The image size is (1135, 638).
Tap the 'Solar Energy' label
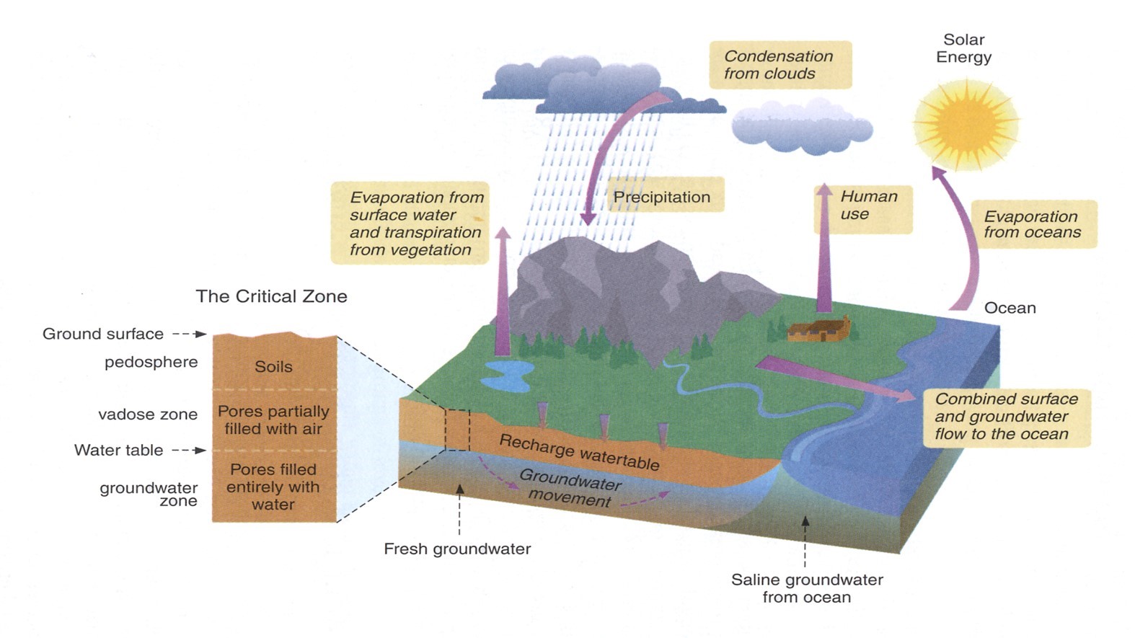(x=963, y=48)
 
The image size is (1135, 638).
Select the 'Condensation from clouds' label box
(x=780, y=65)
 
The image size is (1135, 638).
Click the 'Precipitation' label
(x=662, y=197)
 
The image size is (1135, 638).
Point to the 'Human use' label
(x=868, y=205)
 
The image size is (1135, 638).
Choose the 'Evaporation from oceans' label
(x=1033, y=224)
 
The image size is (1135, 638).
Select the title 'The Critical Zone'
(x=271, y=296)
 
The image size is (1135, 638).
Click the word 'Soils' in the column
(x=273, y=366)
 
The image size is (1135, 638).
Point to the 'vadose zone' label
(x=148, y=415)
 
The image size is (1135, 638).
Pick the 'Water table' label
(x=119, y=451)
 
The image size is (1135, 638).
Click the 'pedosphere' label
(x=151, y=362)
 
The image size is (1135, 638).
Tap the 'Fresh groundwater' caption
(x=457, y=549)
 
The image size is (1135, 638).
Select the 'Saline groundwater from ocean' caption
(x=807, y=588)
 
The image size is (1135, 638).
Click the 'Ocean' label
(x=1010, y=308)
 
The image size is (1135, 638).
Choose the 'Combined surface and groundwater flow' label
(x=1006, y=417)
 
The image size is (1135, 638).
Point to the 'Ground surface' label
(x=103, y=334)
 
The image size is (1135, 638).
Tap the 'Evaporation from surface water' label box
(x=410, y=223)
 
